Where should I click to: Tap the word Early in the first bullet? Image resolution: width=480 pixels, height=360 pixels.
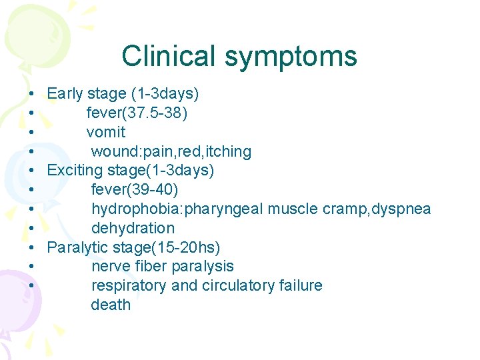pos(65,93)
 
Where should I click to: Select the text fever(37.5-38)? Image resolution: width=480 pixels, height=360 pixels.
pos(137,113)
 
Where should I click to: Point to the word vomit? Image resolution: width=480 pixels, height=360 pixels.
pos(106,132)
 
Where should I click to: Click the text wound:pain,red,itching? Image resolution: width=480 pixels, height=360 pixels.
pos(171,151)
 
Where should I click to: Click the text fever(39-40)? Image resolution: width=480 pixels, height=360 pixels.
pos(135,190)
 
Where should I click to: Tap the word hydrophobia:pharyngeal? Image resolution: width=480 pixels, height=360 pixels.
pos(177,209)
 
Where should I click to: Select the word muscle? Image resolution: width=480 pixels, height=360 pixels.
pos(292,209)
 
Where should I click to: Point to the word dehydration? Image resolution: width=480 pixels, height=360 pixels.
pos(133,229)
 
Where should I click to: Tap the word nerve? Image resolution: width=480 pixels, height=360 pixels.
pos(110,267)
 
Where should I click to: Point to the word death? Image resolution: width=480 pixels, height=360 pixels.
pos(111,305)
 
